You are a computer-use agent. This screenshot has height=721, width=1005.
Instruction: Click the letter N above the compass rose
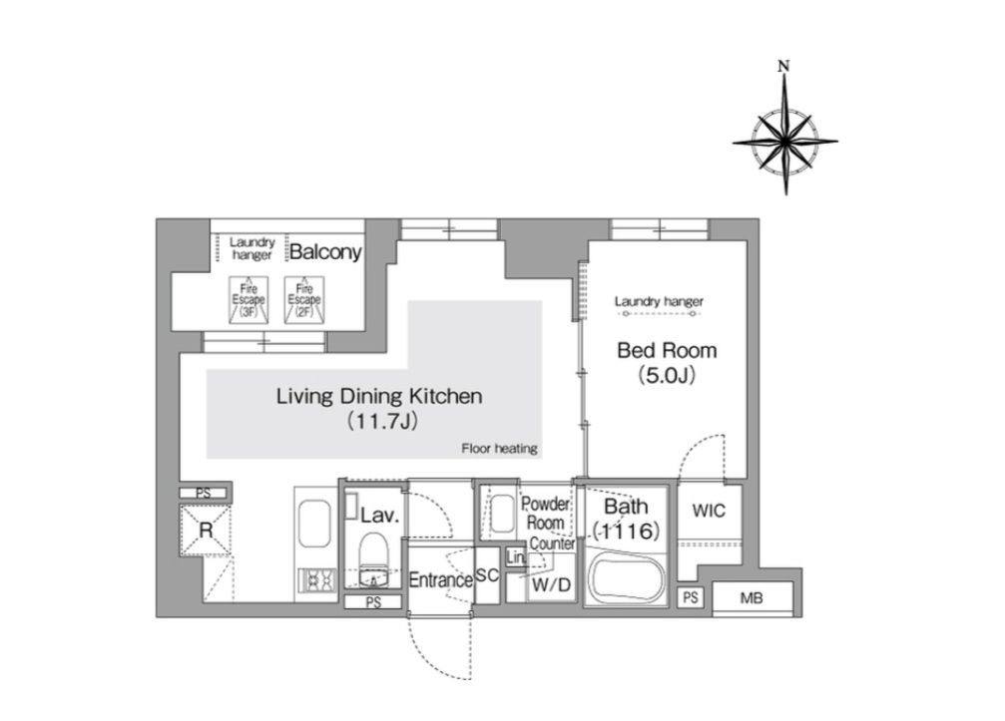pyautogui.click(x=783, y=65)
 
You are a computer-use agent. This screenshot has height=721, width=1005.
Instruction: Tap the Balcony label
pyautogui.click(x=325, y=251)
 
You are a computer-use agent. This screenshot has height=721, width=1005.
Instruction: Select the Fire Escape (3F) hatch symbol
pyautogui.click(x=249, y=300)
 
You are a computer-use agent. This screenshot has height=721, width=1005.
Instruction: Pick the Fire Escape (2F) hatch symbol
pyautogui.click(x=304, y=300)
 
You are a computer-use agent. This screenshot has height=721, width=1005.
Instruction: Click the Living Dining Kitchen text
pyautogui.click(x=379, y=396)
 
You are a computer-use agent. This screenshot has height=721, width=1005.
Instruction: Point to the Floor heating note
pyautogui.click(x=499, y=448)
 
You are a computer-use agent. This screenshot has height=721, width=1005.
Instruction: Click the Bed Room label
pyautogui.click(x=667, y=350)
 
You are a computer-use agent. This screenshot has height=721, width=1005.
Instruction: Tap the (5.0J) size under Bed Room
pyautogui.click(x=667, y=375)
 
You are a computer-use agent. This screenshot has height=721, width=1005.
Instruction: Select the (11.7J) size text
pyautogui.click(x=382, y=421)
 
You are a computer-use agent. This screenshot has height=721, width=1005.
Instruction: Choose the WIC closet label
pyautogui.click(x=709, y=511)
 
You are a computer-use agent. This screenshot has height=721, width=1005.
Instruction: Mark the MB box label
pyautogui.click(x=752, y=598)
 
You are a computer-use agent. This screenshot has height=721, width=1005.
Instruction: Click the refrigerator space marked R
pyautogui.click(x=206, y=531)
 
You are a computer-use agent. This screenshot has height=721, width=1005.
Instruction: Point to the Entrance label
pyautogui.click(x=441, y=580)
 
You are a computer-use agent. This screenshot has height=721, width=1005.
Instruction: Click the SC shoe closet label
pyautogui.click(x=487, y=575)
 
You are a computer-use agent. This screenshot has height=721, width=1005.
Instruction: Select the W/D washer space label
pyautogui.click(x=551, y=584)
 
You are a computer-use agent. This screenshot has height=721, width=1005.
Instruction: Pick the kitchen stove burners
pyautogui.click(x=317, y=580)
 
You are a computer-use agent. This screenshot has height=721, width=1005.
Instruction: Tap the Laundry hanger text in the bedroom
pyautogui.click(x=659, y=301)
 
